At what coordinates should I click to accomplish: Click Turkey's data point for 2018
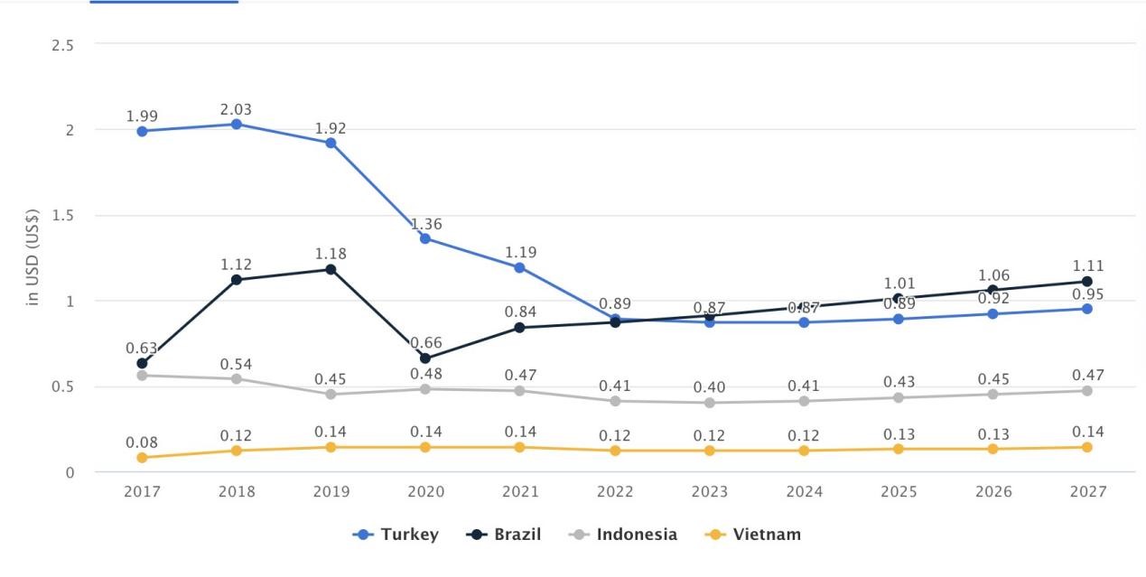point(237,124)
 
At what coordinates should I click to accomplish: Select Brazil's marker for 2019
point(331,269)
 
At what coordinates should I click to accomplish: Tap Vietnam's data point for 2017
point(142,458)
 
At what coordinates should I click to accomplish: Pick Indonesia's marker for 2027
point(1086,391)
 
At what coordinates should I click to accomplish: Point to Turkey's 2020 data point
point(425,238)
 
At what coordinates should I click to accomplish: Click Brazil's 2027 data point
point(1086,282)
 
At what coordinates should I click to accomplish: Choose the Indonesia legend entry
point(623,535)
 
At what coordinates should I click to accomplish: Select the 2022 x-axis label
point(615,492)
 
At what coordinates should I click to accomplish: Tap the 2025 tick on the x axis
point(899,492)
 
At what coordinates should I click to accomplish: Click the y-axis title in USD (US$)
point(33,257)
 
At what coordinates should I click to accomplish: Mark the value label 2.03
point(237,109)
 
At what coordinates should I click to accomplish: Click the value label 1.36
point(426,224)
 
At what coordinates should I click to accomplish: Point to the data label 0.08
point(142,442)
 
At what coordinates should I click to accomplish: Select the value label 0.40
point(709,387)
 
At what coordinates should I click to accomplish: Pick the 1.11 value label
point(1087,266)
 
